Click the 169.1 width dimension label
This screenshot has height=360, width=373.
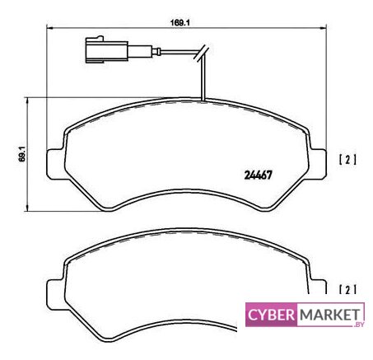coord(180,23)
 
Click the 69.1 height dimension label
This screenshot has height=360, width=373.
coord(23,154)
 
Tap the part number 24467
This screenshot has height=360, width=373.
coord(258,175)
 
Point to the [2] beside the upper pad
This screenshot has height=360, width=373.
coord(347,160)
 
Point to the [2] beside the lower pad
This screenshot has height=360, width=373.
coord(347,289)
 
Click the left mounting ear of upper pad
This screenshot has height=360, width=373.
coord(56,164)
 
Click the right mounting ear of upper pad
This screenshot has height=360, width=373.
coord(319,164)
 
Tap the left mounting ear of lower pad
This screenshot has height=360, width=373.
coord(56,295)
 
